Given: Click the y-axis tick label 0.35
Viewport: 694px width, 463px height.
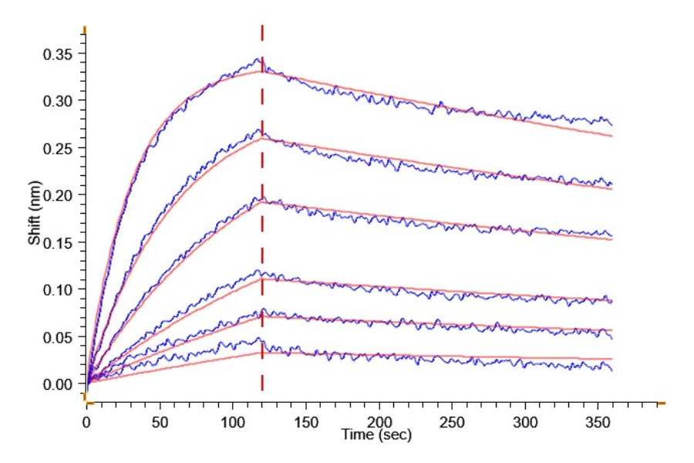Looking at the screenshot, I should pyautogui.click(x=58, y=54).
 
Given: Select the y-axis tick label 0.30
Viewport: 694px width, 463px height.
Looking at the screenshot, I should pyautogui.click(x=58, y=101).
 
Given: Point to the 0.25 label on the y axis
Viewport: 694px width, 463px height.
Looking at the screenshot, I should pyautogui.click(x=58, y=148).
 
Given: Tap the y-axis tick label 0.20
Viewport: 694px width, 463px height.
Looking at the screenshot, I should pyautogui.click(x=58, y=195).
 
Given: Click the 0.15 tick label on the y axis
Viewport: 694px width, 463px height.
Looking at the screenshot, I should pyautogui.click(x=58, y=242).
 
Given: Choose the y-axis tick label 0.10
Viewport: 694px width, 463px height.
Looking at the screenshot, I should pyautogui.click(x=58, y=289).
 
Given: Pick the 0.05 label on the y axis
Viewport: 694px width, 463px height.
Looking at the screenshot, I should pyautogui.click(x=58, y=337).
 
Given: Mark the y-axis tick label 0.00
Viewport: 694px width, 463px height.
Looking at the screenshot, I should pyautogui.click(x=58, y=384).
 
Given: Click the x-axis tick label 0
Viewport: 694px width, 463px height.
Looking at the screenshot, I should pyautogui.click(x=87, y=423).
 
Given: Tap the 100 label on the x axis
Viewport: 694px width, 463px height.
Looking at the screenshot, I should pyautogui.click(x=233, y=423).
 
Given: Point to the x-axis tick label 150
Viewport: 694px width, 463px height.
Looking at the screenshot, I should pyautogui.click(x=306, y=423).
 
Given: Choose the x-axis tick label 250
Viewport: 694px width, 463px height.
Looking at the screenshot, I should pyautogui.click(x=452, y=423).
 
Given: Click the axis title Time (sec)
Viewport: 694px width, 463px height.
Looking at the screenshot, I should pyautogui.click(x=377, y=435).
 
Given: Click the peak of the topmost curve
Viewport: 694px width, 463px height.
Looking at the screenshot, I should pyautogui.click(x=259, y=59).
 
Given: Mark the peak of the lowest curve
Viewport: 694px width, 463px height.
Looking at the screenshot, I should pyautogui.click(x=260, y=339).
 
